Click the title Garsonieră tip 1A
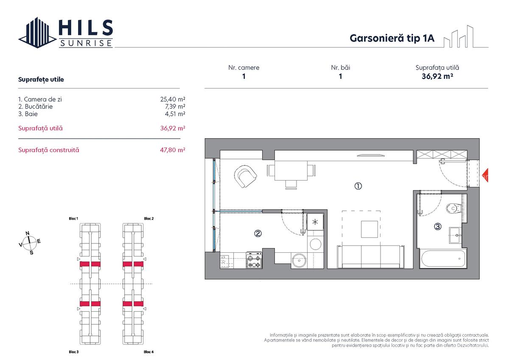point(392,38)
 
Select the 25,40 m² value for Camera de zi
point(173,99)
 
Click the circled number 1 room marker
point(358,186)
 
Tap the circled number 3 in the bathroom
point(437,226)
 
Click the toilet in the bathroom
point(454,208)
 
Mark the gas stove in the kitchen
point(255,261)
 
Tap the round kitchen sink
point(300,260)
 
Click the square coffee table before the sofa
point(369,229)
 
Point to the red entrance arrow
point(486,175)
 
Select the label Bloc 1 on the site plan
point(73,218)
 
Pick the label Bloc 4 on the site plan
point(148,352)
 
